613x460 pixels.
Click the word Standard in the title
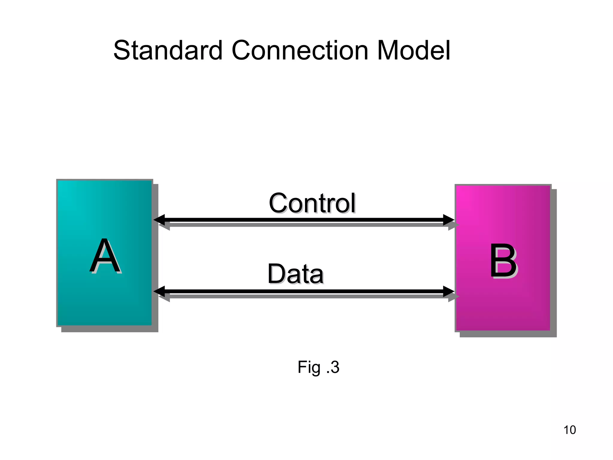168,50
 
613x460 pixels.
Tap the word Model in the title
413,50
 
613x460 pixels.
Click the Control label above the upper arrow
312,203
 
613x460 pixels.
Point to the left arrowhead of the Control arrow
159,220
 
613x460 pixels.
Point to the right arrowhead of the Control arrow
449,220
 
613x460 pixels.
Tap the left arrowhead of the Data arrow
159,291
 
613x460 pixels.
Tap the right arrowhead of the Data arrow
449,291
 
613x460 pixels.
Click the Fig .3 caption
318,367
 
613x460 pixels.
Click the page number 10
569,430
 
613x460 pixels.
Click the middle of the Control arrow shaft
304,220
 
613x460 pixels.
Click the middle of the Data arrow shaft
304,291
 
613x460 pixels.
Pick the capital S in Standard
122,50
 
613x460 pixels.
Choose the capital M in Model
388,50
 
